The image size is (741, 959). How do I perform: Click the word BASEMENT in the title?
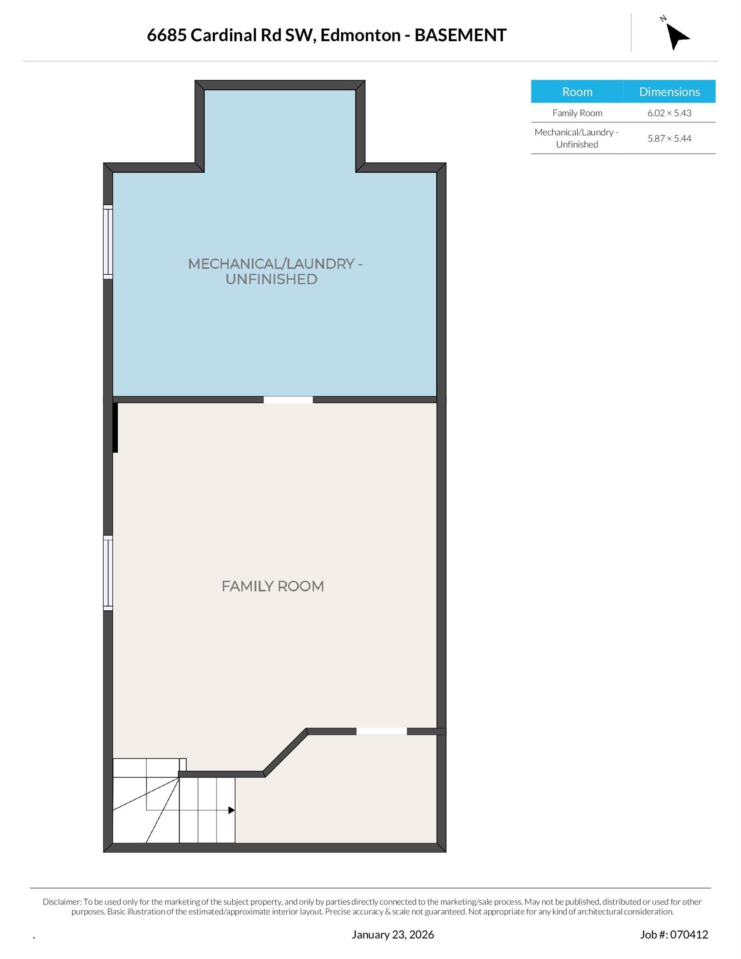(x=460, y=35)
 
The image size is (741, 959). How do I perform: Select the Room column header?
(x=577, y=92)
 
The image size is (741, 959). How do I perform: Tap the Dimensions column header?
(x=669, y=92)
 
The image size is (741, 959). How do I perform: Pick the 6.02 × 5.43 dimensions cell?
(x=669, y=113)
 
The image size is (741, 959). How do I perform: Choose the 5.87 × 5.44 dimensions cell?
(x=669, y=138)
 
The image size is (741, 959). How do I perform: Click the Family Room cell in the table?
(x=577, y=113)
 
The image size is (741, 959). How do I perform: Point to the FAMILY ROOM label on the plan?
(x=272, y=586)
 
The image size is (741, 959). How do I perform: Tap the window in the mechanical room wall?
(x=108, y=241)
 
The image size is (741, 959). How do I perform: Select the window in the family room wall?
(x=108, y=573)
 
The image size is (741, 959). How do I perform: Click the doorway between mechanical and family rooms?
(x=288, y=400)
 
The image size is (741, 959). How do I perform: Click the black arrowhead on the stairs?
(x=231, y=810)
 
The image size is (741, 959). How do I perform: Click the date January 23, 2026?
(x=392, y=934)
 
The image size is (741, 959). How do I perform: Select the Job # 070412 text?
(x=674, y=934)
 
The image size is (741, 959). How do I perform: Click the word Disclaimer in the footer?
(x=62, y=902)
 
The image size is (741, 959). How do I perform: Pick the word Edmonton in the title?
(x=360, y=35)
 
